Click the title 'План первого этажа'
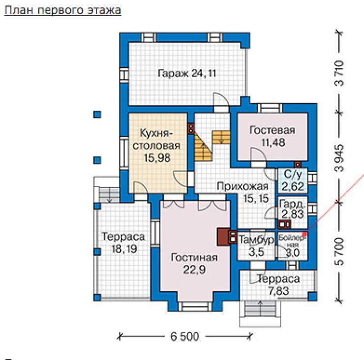[x=62, y=10]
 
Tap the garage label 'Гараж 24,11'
[x=187, y=73]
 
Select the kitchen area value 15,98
[x=157, y=158]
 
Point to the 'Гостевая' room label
[x=273, y=130]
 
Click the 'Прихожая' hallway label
[x=243, y=186]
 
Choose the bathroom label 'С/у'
[x=293, y=175]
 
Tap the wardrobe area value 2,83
[x=293, y=214]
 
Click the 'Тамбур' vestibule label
[x=256, y=240]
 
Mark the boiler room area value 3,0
[x=293, y=252]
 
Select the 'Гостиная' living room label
[x=194, y=257]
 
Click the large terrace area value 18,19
[x=124, y=249]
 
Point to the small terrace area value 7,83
[x=278, y=291]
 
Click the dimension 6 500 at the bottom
[x=185, y=336]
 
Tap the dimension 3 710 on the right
[x=339, y=73]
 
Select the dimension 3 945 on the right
[x=339, y=158]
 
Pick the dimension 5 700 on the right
[x=339, y=251]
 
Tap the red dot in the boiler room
[x=304, y=235]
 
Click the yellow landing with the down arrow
[x=221, y=137]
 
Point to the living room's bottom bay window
[x=195, y=306]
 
